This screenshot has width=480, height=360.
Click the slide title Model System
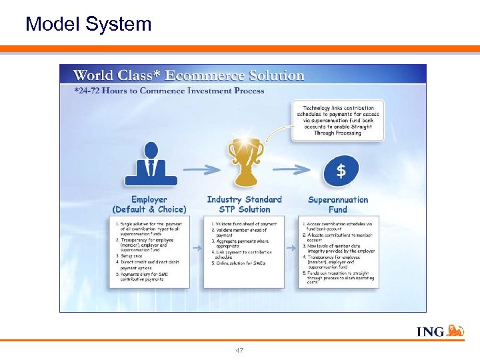pos(88,25)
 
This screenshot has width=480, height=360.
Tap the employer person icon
pos(151,164)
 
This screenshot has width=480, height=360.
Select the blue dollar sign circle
pos(341,171)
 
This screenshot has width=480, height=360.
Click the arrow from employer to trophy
pos(201,169)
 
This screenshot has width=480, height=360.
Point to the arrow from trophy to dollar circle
pos(294,169)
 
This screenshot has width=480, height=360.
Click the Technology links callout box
pos(338,120)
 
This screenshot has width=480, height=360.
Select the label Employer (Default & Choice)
pos(149,204)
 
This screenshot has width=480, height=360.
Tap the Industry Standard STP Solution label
pos(244,204)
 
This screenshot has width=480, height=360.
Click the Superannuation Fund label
pos(338,204)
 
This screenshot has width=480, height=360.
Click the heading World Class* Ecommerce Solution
pos(189,75)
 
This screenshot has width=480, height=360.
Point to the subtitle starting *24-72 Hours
pos(169,91)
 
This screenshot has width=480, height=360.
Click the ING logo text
pos(430,331)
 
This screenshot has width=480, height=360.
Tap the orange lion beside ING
pos(455,331)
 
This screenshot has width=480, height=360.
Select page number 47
pos(239,350)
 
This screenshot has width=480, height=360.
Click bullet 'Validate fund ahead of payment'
pos(245,224)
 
